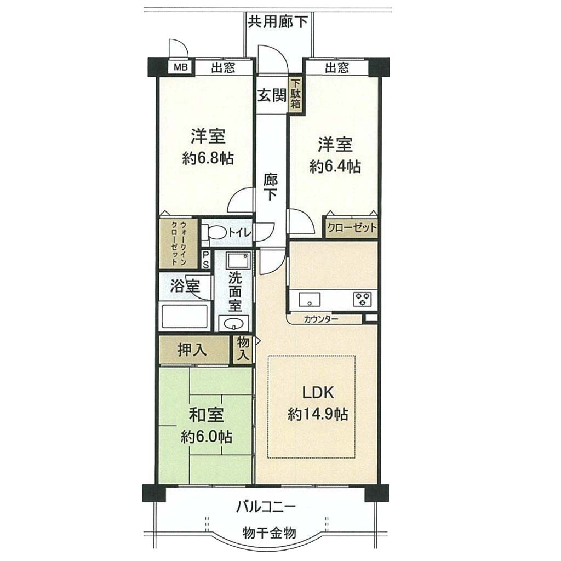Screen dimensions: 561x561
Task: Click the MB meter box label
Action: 181,67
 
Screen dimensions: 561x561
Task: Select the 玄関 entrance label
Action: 272,95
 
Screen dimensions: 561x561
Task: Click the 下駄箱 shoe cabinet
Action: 295,94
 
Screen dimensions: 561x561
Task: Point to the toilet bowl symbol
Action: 214,232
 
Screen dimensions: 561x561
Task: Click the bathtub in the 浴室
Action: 185,316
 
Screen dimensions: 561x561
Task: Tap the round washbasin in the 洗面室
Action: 233,324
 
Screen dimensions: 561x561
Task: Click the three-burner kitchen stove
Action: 363,299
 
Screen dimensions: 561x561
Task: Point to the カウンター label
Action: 321,319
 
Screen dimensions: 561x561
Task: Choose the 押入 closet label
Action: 192,350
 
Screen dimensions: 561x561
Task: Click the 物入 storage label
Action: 243,349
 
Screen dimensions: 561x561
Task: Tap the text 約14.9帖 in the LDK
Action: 318,414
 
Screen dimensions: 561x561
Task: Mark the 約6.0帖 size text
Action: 206,437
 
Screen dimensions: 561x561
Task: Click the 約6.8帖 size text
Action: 208,158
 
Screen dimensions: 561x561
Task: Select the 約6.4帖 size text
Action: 335,167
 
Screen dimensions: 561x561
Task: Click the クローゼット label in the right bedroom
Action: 352,228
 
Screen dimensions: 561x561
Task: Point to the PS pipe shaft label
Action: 206,259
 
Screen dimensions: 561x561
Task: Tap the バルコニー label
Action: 266,507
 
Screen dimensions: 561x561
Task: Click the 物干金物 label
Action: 269,533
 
